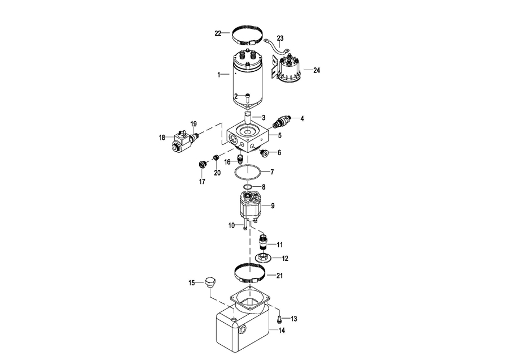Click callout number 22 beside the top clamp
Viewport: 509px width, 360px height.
point(218,33)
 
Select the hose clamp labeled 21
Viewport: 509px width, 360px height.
point(249,273)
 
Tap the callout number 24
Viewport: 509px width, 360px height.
point(317,70)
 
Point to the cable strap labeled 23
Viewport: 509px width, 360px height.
point(278,47)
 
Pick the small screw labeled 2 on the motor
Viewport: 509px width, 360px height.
point(248,96)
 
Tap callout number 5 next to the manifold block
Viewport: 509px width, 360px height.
point(279,135)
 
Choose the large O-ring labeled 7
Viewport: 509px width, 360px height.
point(248,172)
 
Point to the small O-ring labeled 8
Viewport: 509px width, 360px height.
point(248,186)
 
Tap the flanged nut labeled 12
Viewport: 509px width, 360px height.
point(263,258)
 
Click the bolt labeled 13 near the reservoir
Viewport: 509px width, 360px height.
point(279,319)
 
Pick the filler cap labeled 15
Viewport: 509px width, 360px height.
point(210,282)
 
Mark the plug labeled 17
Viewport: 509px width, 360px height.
point(202,164)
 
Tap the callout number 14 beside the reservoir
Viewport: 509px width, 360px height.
point(282,331)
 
